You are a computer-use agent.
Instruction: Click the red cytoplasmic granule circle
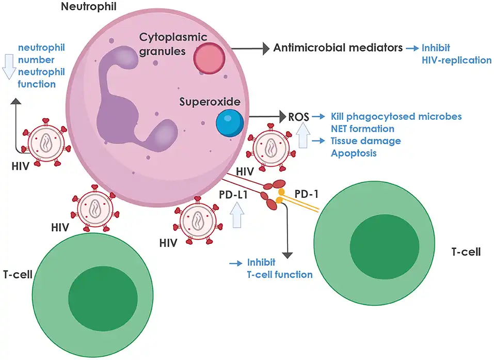[210, 58]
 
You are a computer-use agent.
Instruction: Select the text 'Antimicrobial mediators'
[338, 48]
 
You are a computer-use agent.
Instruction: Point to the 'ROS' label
[298, 117]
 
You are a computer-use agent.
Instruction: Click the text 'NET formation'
[362, 129]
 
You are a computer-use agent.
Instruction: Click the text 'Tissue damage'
[365, 141]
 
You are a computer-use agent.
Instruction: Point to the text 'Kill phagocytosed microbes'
[396, 116]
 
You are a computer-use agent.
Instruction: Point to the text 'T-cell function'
[279, 274]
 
